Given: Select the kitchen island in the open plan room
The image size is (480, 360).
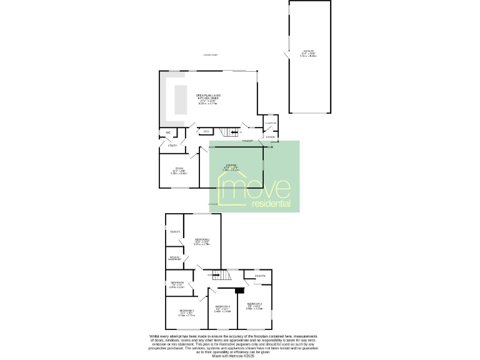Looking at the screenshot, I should [181, 100].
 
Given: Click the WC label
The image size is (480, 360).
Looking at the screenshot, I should [167, 132].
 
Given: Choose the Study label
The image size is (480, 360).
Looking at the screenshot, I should [179, 169].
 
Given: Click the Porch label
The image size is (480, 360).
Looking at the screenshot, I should [271, 136].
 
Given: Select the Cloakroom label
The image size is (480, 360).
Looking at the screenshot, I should [271, 122].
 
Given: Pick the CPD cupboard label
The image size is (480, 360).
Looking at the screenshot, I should [206, 131].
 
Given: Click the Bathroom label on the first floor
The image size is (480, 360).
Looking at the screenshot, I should [176, 284].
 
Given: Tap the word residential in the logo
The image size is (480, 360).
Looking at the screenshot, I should [271, 204].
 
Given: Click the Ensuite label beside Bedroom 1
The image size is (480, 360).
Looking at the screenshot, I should [175, 232].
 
